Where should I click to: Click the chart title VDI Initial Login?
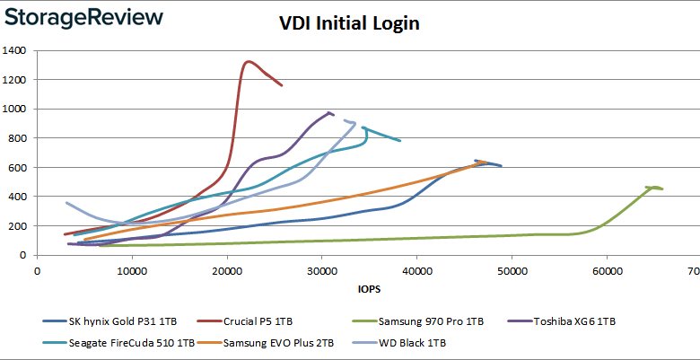coord(349,24)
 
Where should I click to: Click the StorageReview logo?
coord(83,17)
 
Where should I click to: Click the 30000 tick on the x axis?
coord(322,269)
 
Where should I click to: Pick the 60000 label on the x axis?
coord(607,269)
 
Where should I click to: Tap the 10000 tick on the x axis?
coord(132,269)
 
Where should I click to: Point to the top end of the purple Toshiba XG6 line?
coord(329,112)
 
